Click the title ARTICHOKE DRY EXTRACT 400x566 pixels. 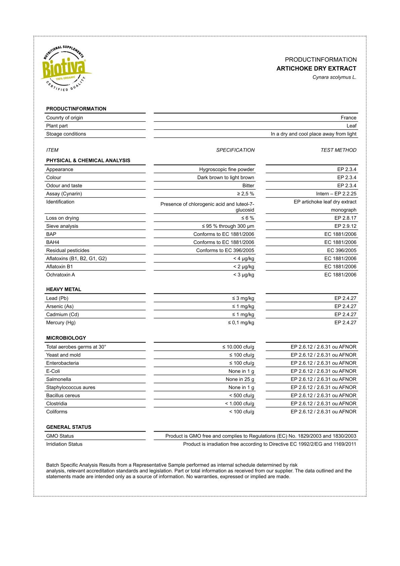click(316, 69)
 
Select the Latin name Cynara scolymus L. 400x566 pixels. click(334, 77)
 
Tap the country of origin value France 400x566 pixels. click(348, 118)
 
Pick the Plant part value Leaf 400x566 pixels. click(351, 126)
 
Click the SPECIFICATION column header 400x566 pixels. click(235, 150)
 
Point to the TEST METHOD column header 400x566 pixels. click(338, 150)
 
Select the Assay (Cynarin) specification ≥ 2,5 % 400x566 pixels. click(245, 194)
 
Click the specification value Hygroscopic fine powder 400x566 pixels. click(227, 169)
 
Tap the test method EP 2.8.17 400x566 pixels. click(345, 218)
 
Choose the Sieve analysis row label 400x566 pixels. click(62, 226)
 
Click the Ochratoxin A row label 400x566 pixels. click(61, 275)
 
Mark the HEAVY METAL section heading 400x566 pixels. click(64, 289)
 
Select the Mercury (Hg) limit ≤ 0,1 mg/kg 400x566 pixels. click(241, 323)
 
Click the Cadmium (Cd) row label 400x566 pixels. click(63, 315)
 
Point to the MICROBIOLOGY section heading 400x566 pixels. click(66, 338)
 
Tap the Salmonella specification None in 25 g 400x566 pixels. click(240, 379)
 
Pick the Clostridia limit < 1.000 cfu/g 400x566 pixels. click(239, 404)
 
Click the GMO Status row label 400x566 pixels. click(60, 436)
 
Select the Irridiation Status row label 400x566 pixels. click(64, 444)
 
